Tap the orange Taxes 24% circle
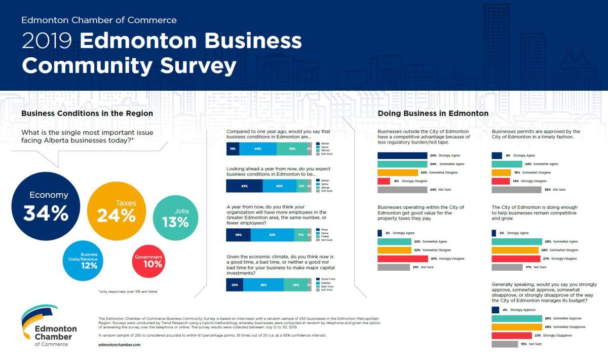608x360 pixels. coord(117,211)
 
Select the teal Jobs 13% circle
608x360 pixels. coord(175,218)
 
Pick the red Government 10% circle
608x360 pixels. coord(148,261)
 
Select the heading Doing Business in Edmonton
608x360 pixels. coord(433,114)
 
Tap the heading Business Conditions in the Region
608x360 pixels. coord(87,114)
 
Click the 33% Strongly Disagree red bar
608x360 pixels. coord(396,259)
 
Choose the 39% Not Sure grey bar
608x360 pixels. coord(517,190)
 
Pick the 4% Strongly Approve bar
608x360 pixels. coord(495,310)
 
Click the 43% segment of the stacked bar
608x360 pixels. coord(244,186)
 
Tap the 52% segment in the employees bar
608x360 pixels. coord(272,235)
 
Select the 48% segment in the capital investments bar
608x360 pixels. coord(263,285)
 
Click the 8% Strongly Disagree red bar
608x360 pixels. coord(384,181)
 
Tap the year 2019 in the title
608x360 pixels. coord(47,41)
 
